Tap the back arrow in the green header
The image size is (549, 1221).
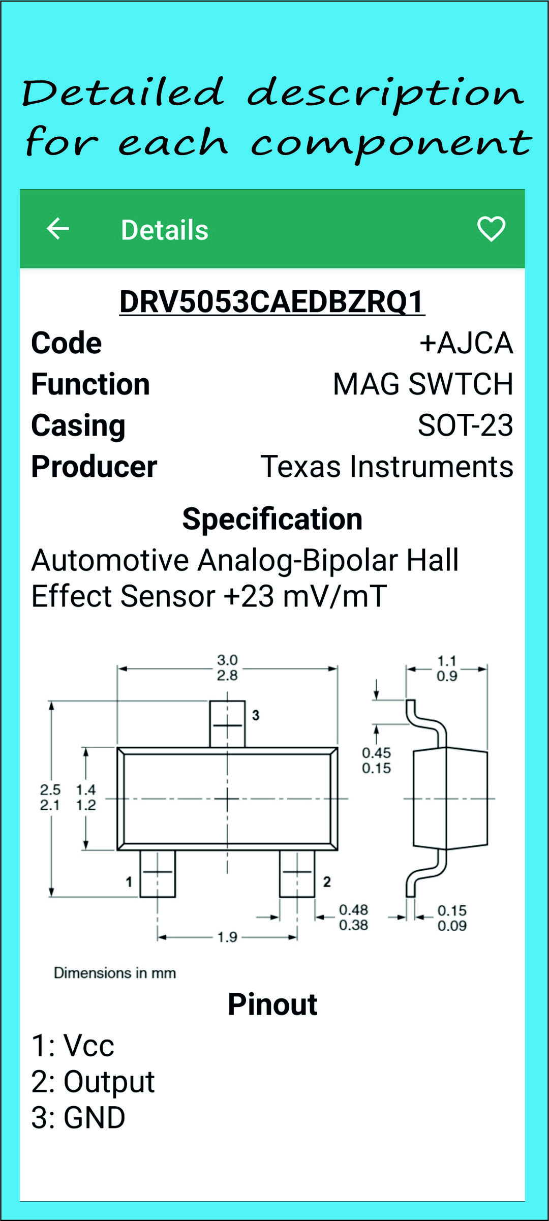click(x=57, y=228)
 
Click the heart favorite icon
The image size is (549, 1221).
click(x=491, y=228)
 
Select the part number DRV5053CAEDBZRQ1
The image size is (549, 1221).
click(x=272, y=301)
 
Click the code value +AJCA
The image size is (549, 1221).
click(x=466, y=343)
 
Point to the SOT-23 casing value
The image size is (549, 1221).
click(x=465, y=425)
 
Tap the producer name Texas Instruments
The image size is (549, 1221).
click(x=387, y=466)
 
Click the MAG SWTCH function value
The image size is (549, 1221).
click(x=423, y=384)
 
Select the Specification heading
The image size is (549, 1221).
click(x=272, y=519)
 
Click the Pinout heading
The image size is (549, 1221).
click(x=272, y=1004)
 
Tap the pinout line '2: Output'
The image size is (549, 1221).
click(x=93, y=1081)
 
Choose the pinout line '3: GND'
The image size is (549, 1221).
click(x=78, y=1117)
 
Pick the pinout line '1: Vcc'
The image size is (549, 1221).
click(x=73, y=1045)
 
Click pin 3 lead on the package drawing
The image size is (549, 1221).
click(x=227, y=724)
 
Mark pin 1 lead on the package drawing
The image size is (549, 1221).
click(x=158, y=873)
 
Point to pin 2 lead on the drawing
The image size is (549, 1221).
click(x=297, y=873)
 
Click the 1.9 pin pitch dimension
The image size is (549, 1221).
click(x=227, y=936)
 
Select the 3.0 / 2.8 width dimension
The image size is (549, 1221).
click(x=227, y=667)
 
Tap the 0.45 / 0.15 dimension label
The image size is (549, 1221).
click(x=376, y=760)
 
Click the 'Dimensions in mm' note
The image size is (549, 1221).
click(x=115, y=973)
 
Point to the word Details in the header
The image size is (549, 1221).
click(x=165, y=230)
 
